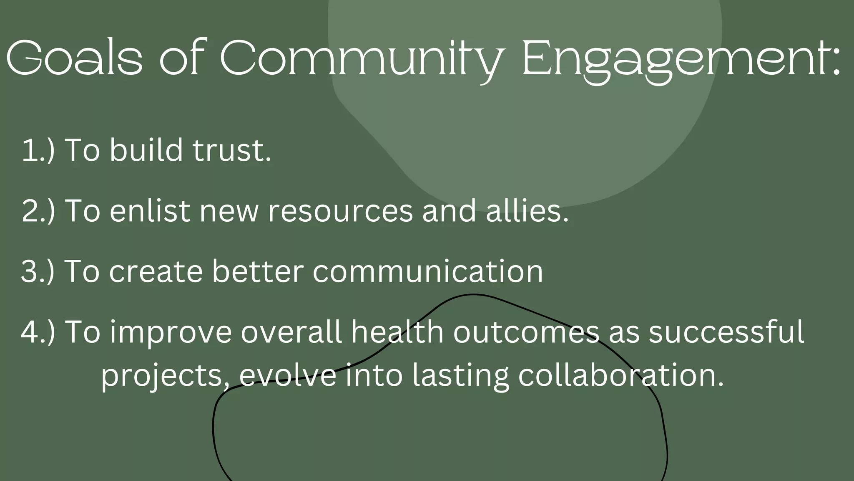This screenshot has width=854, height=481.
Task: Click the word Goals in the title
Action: (x=74, y=58)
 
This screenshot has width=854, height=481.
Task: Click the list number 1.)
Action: (x=38, y=150)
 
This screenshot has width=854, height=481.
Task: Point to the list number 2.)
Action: (x=38, y=211)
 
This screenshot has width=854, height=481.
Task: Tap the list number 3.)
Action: (x=38, y=271)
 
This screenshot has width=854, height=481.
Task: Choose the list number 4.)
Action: (x=38, y=332)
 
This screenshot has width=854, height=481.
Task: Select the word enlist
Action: (x=150, y=211)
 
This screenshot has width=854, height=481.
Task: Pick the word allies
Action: (x=527, y=211)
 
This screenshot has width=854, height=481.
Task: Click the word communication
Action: (x=428, y=271)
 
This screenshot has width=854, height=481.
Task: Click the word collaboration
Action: (x=620, y=375)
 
